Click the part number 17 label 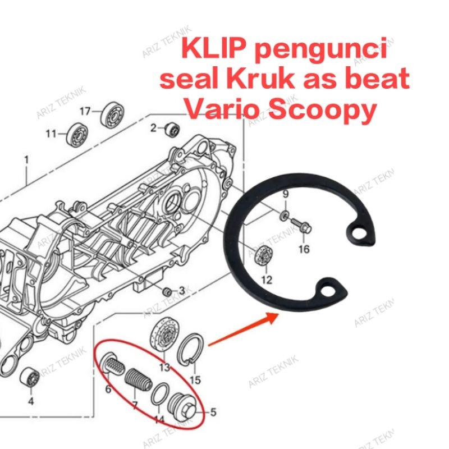[84, 112]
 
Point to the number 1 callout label [26, 160]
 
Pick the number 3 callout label [181, 290]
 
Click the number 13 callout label [164, 368]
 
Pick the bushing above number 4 [29, 378]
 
